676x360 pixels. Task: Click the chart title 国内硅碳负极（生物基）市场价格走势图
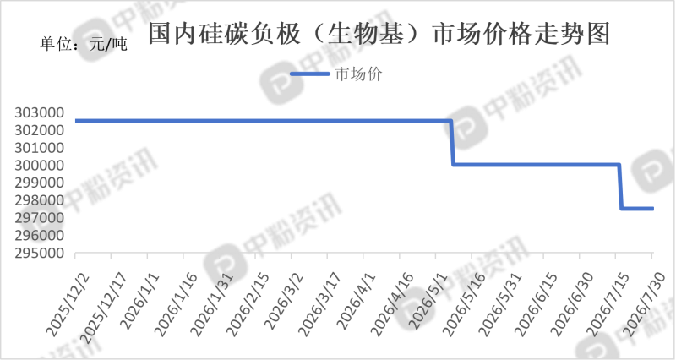(x=379, y=34)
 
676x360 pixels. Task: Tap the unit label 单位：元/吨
(x=84, y=44)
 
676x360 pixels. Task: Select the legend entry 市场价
(x=358, y=74)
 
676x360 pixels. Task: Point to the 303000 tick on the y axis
(x=39, y=113)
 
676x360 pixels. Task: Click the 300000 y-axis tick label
(x=39, y=166)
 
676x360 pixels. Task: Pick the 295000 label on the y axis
(x=39, y=253)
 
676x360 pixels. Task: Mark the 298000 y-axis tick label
(x=39, y=200)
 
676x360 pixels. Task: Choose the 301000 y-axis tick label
(x=39, y=148)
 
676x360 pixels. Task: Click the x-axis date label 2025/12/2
(x=68, y=304)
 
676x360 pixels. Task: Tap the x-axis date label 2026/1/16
(x=177, y=304)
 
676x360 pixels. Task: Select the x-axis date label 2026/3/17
(x=320, y=304)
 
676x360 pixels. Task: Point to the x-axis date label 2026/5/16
(x=464, y=304)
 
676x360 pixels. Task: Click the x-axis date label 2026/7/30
(x=645, y=304)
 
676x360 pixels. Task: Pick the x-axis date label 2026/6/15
(x=537, y=304)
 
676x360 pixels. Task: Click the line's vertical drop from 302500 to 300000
(x=452, y=143)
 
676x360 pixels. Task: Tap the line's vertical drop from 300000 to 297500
(x=620, y=187)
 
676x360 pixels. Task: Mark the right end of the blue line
(x=653, y=209)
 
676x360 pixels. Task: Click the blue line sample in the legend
(x=310, y=74)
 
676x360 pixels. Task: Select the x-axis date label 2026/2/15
(x=248, y=304)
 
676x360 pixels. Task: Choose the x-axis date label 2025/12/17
(x=104, y=308)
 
